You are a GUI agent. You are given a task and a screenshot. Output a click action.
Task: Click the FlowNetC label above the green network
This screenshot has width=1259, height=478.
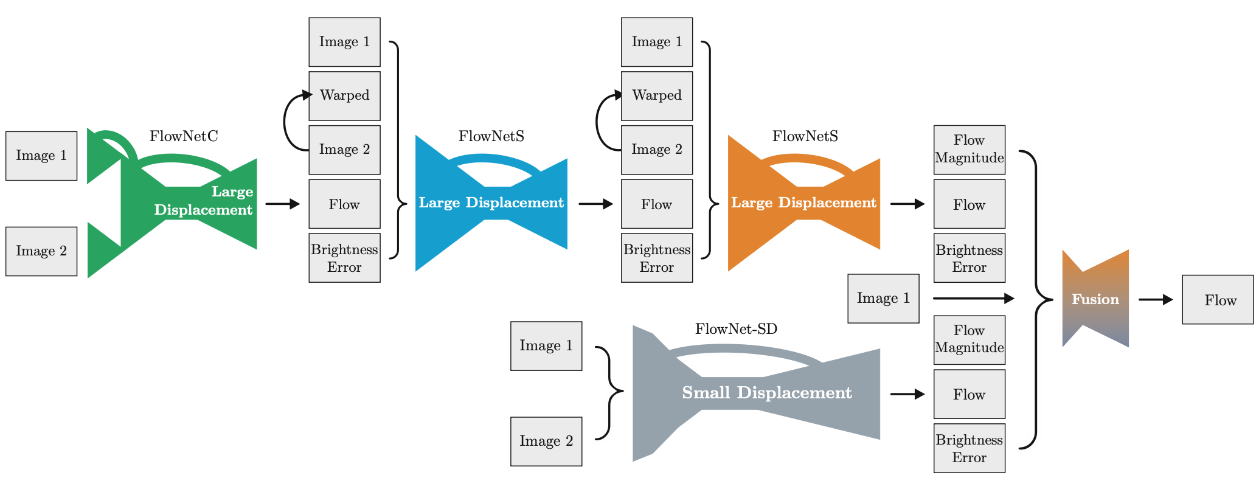point(184,136)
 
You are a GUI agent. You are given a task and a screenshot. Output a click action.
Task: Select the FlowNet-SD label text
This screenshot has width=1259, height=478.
point(736,329)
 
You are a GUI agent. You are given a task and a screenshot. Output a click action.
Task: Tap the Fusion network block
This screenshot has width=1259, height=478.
point(1095,299)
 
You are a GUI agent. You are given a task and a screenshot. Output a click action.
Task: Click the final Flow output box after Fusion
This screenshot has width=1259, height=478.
point(1218,299)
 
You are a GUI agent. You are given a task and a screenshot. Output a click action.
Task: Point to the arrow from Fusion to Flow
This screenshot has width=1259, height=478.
point(1155,299)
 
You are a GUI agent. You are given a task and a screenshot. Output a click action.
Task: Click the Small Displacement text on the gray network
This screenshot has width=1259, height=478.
point(766,393)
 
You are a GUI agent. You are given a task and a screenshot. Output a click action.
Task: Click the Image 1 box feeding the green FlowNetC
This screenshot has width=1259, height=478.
point(41,156)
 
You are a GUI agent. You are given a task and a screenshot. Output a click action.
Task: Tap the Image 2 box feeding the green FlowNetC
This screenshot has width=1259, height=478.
point(41,251)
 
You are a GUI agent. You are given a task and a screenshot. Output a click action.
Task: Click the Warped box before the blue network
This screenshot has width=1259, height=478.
point(344,95)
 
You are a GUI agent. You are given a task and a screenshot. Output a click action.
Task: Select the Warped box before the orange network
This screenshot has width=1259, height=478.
point(656,95)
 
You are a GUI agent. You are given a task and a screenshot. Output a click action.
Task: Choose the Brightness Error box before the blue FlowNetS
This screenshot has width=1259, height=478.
point(344,258)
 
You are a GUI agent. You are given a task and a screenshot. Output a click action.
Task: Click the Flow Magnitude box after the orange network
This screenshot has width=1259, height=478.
point(969,150)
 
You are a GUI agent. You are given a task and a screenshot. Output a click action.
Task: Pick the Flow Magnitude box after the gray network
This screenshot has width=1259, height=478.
point(969,339)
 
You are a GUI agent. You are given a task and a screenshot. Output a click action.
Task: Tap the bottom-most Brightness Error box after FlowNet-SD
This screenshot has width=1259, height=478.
point(969,448)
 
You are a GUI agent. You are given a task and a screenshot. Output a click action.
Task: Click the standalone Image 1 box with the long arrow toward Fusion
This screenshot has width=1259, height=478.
point(883,298)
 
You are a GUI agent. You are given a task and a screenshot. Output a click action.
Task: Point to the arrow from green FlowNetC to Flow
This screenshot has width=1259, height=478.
point(282,204)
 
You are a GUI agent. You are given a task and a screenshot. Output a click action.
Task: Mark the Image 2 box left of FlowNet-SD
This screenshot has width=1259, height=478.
point(546,441)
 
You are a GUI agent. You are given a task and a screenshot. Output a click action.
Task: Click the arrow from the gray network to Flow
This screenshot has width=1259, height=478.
point(907,394)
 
